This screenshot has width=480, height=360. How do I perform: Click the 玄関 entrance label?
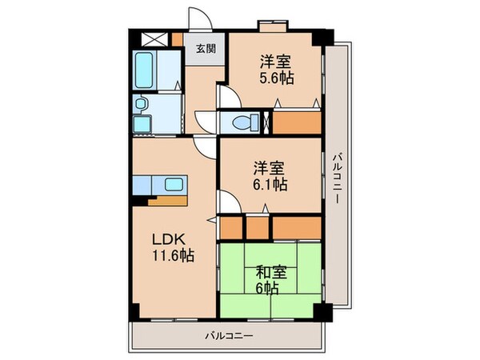[x=205, y=48]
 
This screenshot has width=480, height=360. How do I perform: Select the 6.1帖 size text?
[x=270, y=185]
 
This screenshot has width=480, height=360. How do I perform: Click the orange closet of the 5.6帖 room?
[x=298, y=121]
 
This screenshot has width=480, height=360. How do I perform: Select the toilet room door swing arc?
[x=229, y=95]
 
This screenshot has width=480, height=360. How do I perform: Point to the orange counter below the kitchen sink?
[x=166, y=199]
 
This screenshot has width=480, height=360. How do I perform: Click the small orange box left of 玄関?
[x=178, y=37]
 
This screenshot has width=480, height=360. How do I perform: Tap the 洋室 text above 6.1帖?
[x=270, y=168]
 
